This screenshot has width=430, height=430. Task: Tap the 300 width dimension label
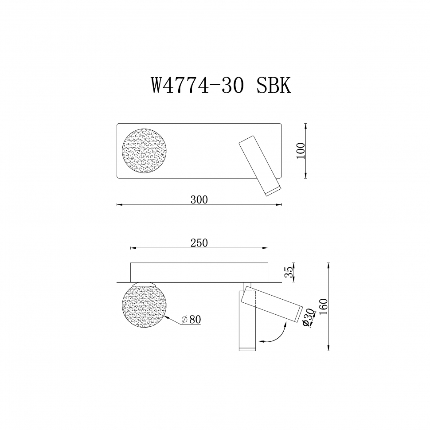199,199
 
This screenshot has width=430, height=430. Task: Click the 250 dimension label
199,242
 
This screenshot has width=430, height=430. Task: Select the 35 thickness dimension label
289,272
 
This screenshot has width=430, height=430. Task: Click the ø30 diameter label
309,318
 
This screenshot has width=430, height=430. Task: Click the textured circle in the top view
145,151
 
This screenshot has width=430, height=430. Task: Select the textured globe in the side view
145,305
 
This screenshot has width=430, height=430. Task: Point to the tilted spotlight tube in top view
259,166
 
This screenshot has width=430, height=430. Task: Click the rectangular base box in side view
199,271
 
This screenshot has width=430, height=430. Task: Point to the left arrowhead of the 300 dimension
118,204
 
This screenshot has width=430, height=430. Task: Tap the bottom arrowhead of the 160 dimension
328,349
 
